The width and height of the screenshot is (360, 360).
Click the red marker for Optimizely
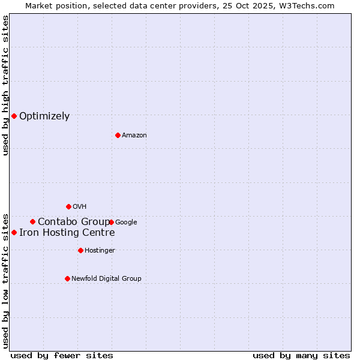tap(14, 116)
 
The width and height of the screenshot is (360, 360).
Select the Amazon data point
tap(118, 135)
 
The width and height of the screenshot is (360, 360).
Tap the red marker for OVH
tap(68, 206)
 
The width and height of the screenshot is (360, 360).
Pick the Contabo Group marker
tap(32, 221)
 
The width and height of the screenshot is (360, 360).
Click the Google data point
tap(112, 222)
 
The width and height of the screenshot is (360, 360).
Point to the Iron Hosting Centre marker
tap(14, 232)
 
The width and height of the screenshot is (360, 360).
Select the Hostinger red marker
tap(80, 250)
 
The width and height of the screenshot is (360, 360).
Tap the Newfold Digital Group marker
tap(67, 278)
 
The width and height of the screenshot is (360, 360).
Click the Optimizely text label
tap(44, 116)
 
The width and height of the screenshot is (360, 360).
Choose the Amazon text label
tap(134, 136)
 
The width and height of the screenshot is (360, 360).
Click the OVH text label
tap(80, 207)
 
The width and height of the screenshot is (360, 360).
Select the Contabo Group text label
tap(74, 222)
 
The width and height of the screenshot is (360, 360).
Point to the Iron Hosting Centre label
tap(67, 233)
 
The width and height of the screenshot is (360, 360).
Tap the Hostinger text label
tap(100, 251)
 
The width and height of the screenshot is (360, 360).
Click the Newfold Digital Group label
tap(106, 279)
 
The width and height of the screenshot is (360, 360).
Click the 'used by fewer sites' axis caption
tap(62, 355)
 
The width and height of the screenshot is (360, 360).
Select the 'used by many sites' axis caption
tap(301, 355)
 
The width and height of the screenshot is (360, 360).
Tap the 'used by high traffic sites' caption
tap(5, 85)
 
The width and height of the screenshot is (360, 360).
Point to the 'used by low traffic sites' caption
tap(5, 280)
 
